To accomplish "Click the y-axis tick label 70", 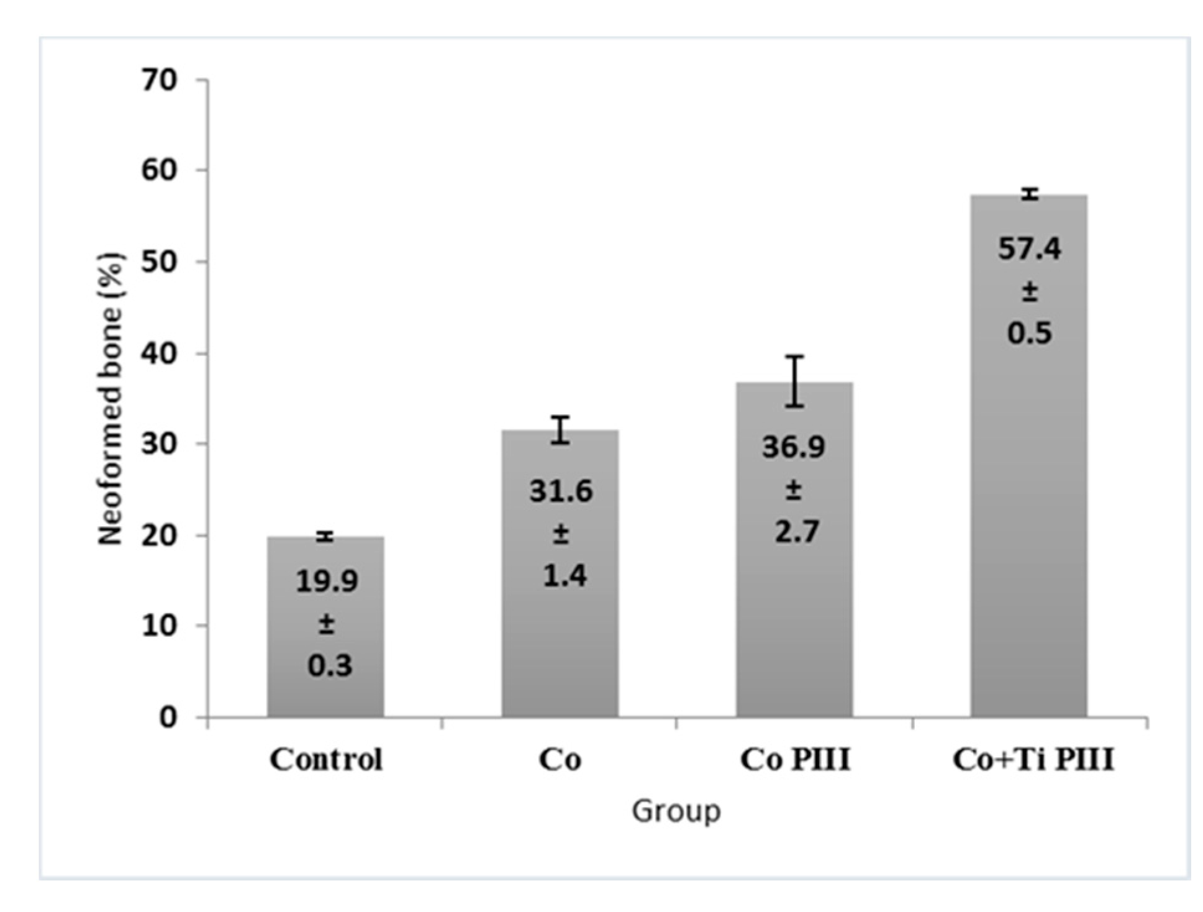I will pos(160,81).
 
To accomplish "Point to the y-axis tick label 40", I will pos(160,354).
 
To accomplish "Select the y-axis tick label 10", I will pos(160,626).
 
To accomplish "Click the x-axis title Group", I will pos(676,811).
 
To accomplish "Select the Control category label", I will pos(325,759).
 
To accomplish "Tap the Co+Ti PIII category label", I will pos(1033,759).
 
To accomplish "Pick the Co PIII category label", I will pos(795,759).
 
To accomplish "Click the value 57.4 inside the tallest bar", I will pos(1030,249).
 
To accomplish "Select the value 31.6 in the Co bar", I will pos(561,491).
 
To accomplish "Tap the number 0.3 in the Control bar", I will pos(329,665).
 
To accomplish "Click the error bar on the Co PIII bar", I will pos(795,381).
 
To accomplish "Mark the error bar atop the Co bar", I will pos(561,429).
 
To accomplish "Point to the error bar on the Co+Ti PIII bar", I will pos(1030,194).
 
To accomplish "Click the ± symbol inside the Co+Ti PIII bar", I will pos(1030,291).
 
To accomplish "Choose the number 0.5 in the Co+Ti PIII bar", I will pos(1030,334).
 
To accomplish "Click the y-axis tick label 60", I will pos(160,170).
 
